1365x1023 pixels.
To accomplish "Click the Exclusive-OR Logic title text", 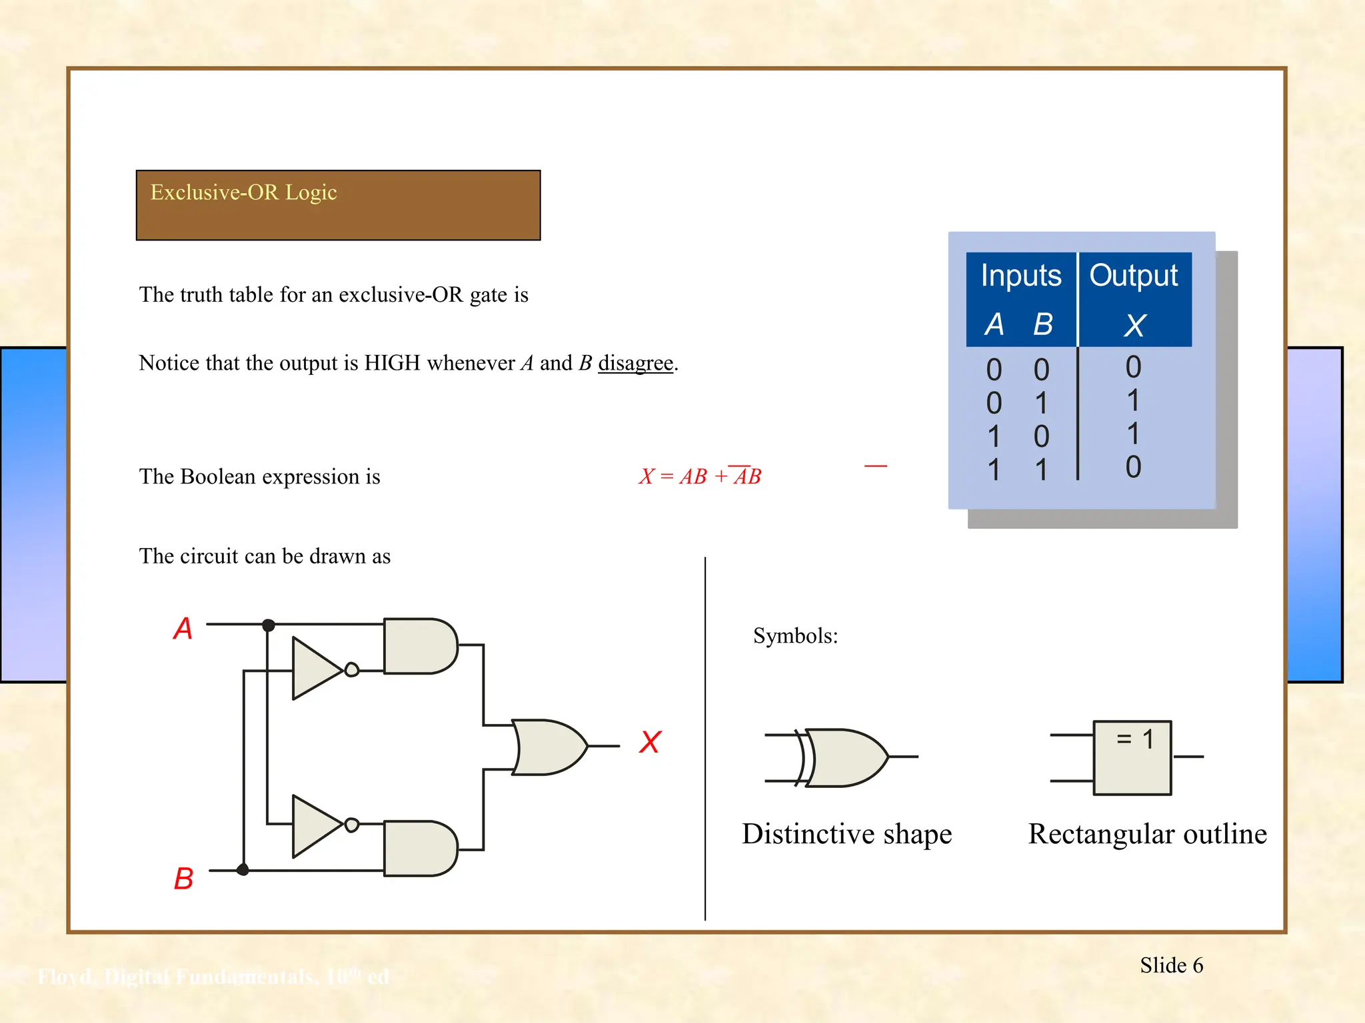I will point(243,192).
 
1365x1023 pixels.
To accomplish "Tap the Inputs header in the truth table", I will point(1020,276).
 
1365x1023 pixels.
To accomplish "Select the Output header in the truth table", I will point(1134,276).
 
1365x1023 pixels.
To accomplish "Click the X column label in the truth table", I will point(1134,326).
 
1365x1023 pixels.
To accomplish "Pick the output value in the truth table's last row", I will point(1133,468).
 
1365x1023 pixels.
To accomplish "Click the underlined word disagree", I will point(635,363).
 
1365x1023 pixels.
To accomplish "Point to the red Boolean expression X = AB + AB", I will point(700,476).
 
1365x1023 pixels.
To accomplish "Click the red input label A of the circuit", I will point(183,629).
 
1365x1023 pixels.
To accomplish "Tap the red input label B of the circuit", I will point(183,878).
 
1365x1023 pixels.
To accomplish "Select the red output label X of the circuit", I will point(650,742).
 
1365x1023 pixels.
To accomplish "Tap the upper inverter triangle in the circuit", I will point(316,669).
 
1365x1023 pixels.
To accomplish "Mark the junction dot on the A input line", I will point(269,625).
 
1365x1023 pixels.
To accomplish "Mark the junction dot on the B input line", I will point(243,869).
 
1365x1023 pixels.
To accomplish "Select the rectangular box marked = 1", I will point(1132,758).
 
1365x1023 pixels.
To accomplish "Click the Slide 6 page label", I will point(1171,966).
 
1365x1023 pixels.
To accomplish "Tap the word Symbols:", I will point(795,636).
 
